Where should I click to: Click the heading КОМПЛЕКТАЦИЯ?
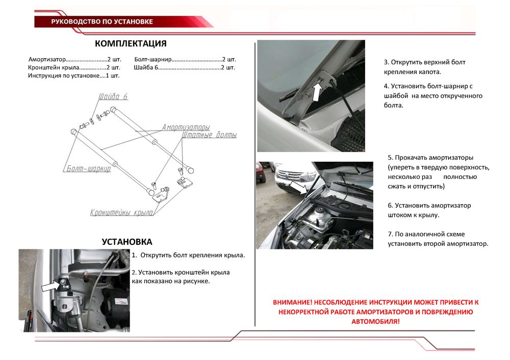coord(131,43)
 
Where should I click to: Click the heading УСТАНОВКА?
coord(127,242)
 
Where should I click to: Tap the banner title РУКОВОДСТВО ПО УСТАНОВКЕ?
coord(102,21)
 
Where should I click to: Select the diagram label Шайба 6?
coord(113,97)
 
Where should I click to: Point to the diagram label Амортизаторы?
coord(186,127)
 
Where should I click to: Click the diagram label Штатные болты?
coord(209,136)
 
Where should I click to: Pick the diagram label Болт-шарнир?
coord(88,169)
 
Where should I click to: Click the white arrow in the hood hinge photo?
coord(316,92)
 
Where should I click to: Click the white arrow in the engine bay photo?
coord(299,189)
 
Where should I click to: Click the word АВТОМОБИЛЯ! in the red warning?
coord(376,322)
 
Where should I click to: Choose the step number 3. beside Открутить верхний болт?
coord(387,62)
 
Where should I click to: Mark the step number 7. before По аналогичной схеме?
coord(390,234)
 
